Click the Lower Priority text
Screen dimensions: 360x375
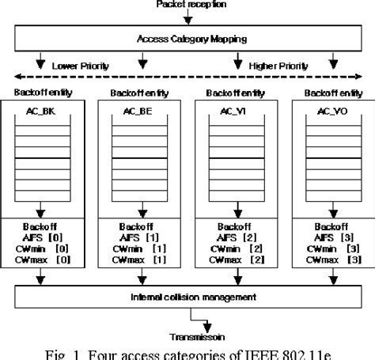(79, 65)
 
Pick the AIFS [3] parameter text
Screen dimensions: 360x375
(326, 236)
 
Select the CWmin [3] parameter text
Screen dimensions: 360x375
(326, 247)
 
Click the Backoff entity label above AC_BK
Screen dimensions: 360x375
(33, 93)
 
